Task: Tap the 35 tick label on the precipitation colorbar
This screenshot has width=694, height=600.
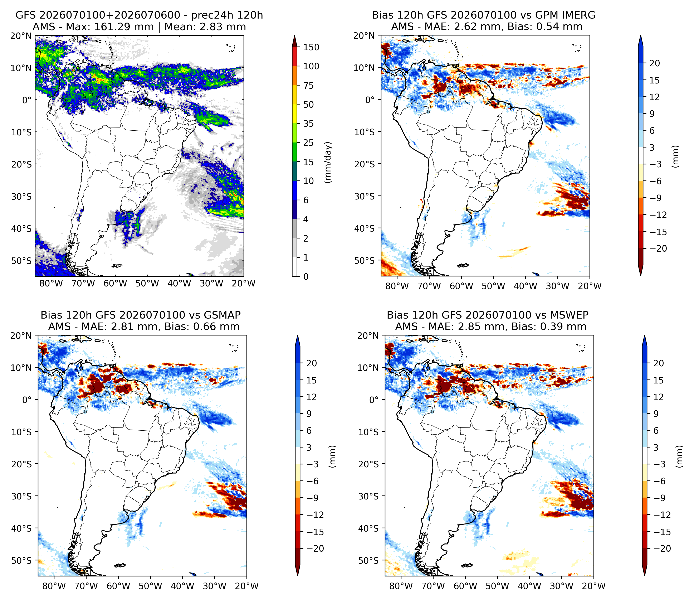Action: coord(308,124)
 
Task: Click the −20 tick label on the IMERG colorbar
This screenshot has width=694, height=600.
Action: coord(658,249)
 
